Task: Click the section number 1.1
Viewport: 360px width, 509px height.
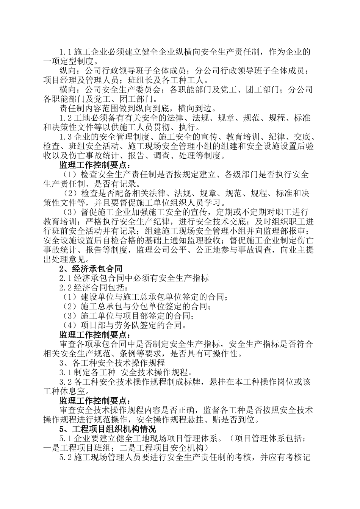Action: [x=66, y=52]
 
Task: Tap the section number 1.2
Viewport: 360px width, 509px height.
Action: [x=66, y=118]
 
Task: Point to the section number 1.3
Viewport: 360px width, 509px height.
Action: [x=66, y=137]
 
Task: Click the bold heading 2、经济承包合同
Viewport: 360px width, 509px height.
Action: [x=91, y=269]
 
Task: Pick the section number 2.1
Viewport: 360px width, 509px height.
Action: [x=66, y=278]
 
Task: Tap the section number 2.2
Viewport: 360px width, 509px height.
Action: [x=66, y=288]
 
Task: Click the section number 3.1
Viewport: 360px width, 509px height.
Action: [x=66, y=373]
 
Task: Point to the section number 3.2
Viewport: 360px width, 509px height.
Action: [x=66, y=382]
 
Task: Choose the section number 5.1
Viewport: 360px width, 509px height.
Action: [x=66, y=439]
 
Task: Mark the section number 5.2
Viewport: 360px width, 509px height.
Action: [x=66, y=458]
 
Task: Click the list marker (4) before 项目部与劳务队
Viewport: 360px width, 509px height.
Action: [x=69, y=325]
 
